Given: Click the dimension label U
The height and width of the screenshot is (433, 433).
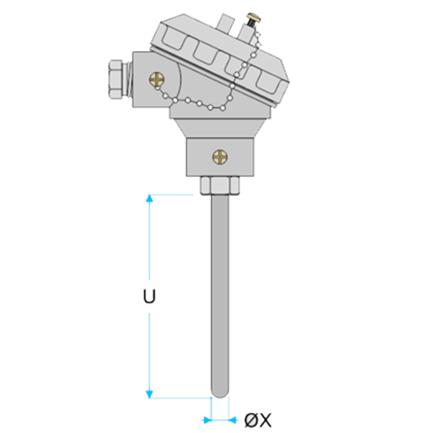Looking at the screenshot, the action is [149, 296].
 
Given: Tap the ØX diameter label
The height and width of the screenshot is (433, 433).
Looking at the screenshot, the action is [258, 420].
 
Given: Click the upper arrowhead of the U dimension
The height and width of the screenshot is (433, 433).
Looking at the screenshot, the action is [149, 198].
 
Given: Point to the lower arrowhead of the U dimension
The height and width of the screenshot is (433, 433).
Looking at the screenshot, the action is [149, 394].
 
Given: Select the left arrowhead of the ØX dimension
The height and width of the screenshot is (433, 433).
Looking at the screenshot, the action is [208, 420].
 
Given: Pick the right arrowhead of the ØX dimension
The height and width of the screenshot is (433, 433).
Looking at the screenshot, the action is [233, 420].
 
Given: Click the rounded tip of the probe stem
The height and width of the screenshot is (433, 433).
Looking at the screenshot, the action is [220, 394].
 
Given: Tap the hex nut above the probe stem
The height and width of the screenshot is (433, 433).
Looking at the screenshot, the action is [220, 185].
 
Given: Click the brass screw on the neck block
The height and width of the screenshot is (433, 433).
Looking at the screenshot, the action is [220, 157].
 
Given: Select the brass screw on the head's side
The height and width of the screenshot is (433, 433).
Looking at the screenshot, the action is [157, 79].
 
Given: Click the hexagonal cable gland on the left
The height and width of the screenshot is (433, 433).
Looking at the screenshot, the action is [120, 79].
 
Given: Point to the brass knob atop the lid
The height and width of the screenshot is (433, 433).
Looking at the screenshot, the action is [254, 18].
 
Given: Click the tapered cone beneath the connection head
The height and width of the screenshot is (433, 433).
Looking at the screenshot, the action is [220, 128].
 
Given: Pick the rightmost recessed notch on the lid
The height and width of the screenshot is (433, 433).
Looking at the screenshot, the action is [269, 83].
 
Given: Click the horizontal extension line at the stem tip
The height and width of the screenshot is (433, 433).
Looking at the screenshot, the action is [180, 398].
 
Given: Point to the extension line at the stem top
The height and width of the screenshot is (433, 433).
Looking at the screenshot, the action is [171, 195].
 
